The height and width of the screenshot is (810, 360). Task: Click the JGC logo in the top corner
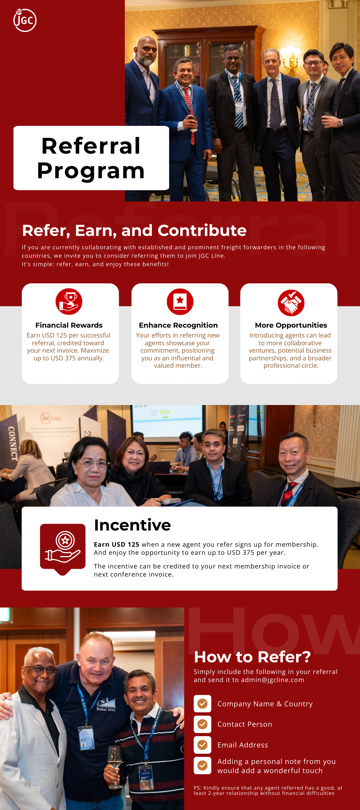25,20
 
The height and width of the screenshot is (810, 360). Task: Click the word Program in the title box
91,171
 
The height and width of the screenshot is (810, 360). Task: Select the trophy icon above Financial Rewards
69,302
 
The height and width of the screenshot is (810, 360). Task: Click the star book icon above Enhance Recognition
180,302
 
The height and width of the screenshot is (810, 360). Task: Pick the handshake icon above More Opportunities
291,303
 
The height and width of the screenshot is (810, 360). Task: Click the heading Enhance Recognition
178,325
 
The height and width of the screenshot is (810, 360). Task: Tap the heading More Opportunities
291,325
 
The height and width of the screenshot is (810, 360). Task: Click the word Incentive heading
133,525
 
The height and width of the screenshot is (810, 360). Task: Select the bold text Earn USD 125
117,544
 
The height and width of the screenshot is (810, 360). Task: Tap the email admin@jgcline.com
272,680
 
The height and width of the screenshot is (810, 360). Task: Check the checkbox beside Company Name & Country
202,704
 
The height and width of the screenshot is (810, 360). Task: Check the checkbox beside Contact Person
202,724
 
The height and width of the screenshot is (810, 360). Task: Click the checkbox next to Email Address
202,745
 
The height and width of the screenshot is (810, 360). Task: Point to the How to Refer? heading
252,657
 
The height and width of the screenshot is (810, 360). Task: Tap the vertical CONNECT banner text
13,443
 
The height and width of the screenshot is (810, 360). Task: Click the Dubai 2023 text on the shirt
106,709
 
